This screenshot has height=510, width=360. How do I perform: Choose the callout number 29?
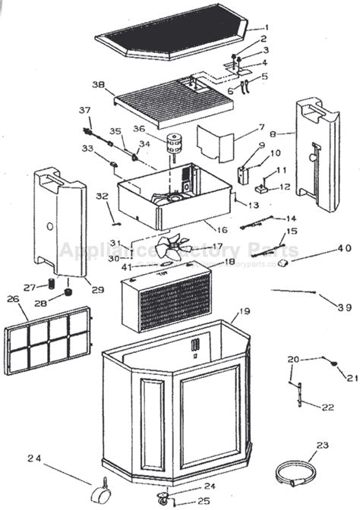76,289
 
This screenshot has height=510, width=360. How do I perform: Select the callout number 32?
102,197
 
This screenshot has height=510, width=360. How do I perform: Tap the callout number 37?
85,111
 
